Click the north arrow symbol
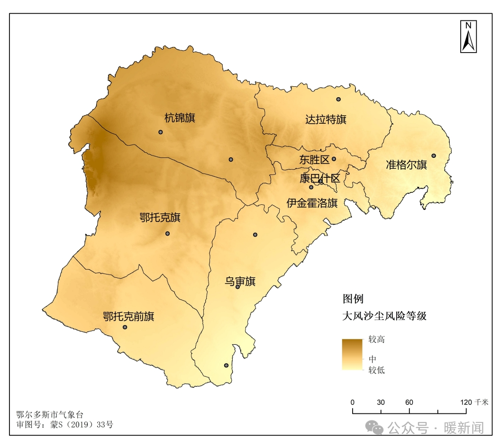pos(468,37)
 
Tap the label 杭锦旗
pos(180,118)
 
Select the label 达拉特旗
pos(326,119)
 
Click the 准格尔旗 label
pos(406,165)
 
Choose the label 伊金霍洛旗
pos(312,203)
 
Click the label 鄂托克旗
pos(160,218)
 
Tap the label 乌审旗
pos(240,282)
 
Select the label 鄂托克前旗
pos(128,316)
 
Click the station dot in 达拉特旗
pos(338,99)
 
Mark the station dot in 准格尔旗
pos(433,155)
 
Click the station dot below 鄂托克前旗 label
pos(125,327)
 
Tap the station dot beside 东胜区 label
pos(334,159)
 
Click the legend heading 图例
pos(353,299)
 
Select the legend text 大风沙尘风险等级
pos(384,316)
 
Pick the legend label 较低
pos(377,370)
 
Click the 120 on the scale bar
pos(466,402)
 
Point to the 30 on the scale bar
pos(381,402)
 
